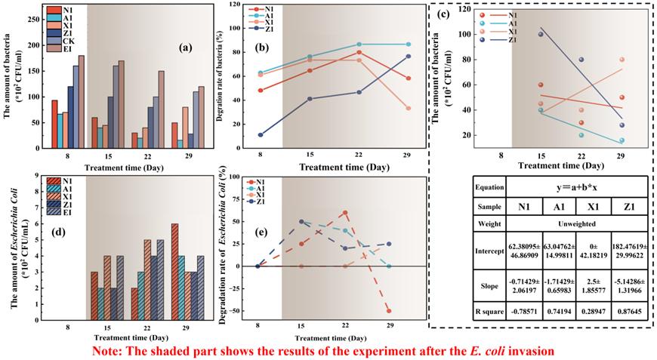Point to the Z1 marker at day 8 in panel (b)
pyautogui.click(x=261, y=135)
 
